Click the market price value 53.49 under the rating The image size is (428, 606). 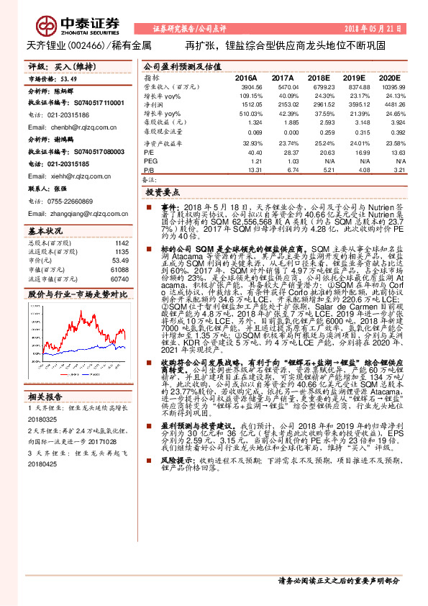pyautogui.click(x=68, y=80)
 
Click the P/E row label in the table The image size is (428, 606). pyautogui.click(x=149, y=152)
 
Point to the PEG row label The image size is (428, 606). pyautogui.click(x=150, y=161)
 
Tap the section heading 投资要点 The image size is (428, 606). pyautogui.click(x=162, y=194)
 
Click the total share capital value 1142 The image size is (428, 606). pyautogui.click(x=122, y=243)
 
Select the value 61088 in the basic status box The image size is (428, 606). pyautogui.click(x=119, y=269)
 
